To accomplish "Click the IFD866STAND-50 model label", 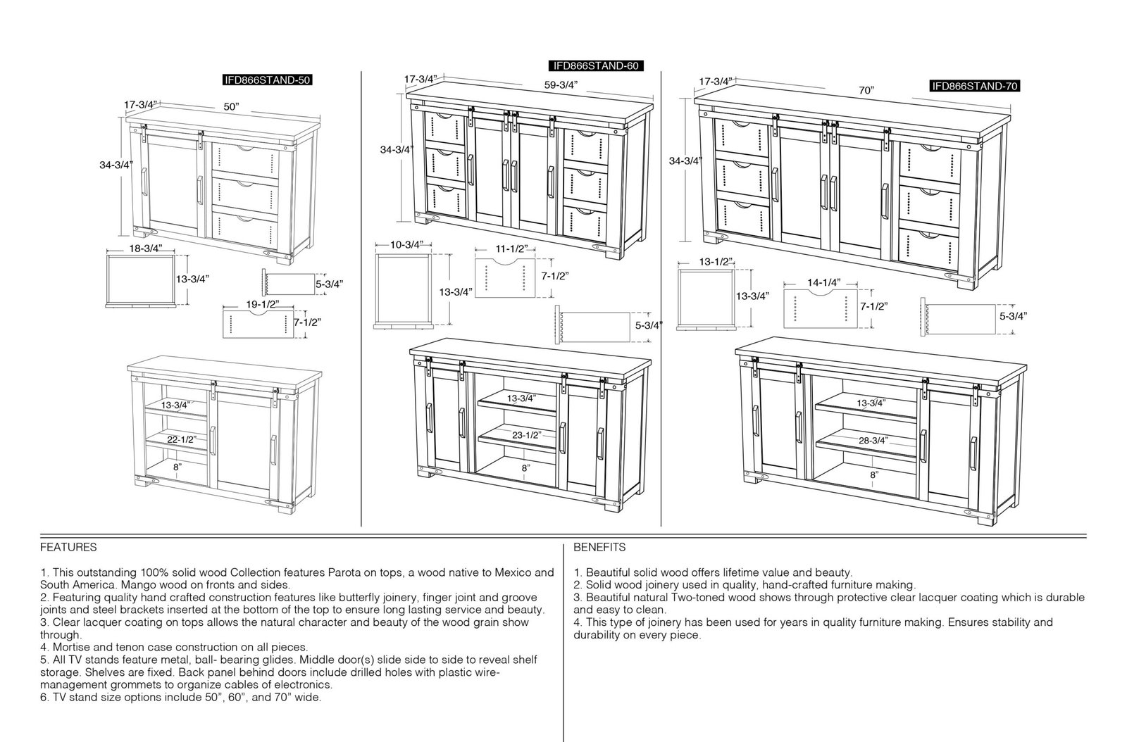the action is tap(268, 80).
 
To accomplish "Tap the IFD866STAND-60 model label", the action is tap(596, 66).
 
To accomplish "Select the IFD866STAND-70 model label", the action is tap(975, 86).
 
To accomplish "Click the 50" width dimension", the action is tap(232, 106).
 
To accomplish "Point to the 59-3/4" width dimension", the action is tap(561, 85).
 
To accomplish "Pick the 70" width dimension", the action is tap(866, 91).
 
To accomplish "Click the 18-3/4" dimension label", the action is tap(146, 249).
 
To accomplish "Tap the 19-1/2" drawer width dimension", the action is tap(263, 304).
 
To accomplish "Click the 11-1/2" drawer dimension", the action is tap(511, 249).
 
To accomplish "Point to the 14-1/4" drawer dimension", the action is tap(824, 282).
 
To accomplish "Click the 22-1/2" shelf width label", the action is tap(182, 439).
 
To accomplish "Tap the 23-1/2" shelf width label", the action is tap(527, 435).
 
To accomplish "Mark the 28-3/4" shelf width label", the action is tap(873, 441).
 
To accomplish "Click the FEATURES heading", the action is tap(68, 547).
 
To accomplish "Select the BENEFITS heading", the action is tap(599, 547).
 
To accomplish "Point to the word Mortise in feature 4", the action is tap(70, 647).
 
